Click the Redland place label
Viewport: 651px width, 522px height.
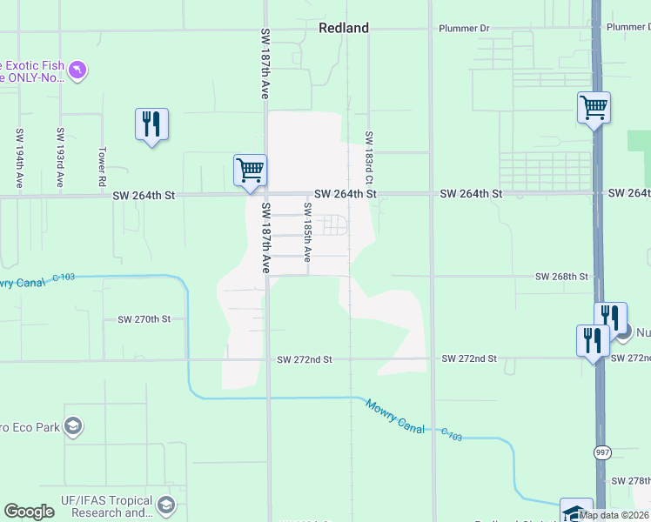343,28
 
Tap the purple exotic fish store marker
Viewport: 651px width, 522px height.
77,69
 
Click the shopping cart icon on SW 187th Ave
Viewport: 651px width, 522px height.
250,170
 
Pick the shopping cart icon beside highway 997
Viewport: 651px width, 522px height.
594,108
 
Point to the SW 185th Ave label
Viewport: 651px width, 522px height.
307,231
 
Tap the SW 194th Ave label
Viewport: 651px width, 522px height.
18,157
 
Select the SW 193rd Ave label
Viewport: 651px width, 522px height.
60,157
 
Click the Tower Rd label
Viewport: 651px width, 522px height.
102,166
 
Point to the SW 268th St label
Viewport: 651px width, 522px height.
561,277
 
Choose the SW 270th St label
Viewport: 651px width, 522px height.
144,319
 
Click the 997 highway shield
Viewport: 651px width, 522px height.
602,452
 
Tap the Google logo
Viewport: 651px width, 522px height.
29,512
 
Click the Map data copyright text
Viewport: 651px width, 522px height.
614,515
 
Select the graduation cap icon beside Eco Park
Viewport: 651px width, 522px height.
73,425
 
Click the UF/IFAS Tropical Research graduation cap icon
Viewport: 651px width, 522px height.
166,505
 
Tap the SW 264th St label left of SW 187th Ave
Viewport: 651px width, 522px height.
144,197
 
